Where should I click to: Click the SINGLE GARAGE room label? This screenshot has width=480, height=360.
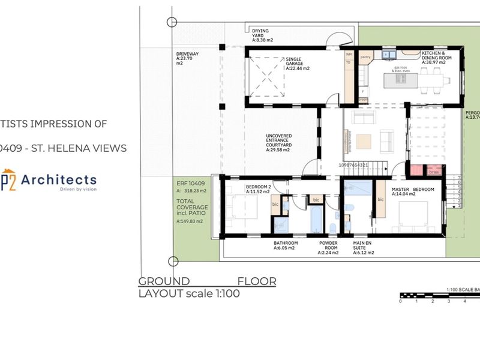tap(297, 64)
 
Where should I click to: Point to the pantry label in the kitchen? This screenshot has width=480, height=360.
tap(365, 57)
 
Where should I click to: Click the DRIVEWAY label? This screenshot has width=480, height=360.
tap(187, 57)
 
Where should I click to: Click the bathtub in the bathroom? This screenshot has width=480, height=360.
tap(316, 220)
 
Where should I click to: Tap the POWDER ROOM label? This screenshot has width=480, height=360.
tap(328, 248)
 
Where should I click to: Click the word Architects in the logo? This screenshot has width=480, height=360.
tap(59, 179)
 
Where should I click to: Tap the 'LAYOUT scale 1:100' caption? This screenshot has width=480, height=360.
tap(189, 294)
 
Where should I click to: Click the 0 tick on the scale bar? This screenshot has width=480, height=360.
tap(400, 301)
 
